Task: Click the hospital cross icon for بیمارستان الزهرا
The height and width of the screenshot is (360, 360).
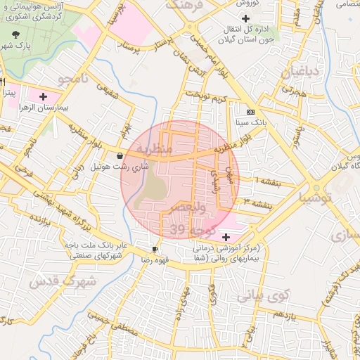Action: click(x=44, y=96)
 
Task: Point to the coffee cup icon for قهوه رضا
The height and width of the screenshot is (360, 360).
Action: click(x=155, y=249)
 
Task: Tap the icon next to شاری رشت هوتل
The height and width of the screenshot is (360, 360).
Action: click(x=120, y=156)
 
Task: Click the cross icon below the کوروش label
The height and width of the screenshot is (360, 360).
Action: click(x=245, y=18)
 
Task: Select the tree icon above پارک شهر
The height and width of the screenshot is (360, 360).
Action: click(x=16, y=33)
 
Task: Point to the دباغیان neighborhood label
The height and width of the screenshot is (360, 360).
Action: click(x=300, y=72)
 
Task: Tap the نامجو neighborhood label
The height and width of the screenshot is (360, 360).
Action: click(x=75, y=79)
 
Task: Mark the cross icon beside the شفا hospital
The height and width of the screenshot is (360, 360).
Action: click(x=225, y=238)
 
